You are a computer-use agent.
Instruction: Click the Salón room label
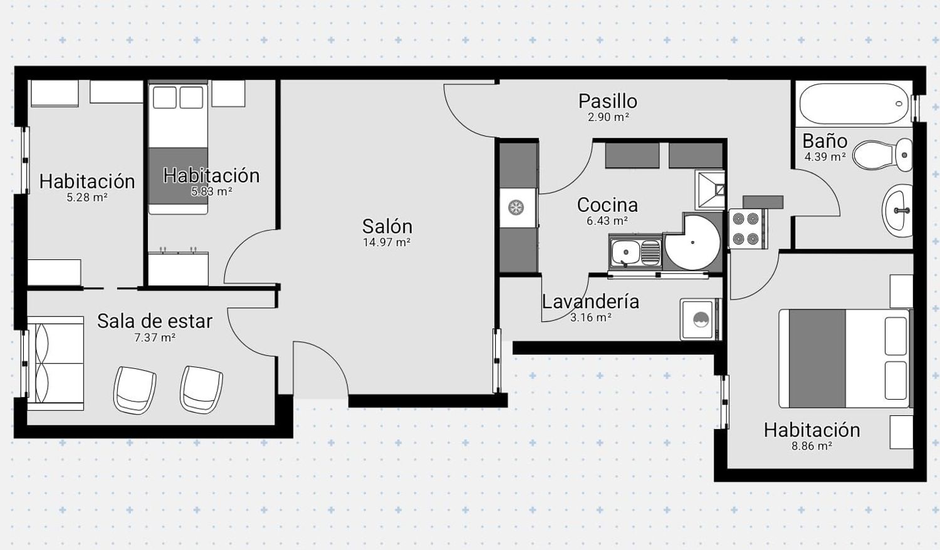point(387,227)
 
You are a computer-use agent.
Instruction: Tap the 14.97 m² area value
point(387,242)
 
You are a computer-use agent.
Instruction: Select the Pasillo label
point(608,101)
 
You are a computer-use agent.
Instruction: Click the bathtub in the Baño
point(854,103)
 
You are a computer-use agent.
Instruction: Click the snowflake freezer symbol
point(516,208)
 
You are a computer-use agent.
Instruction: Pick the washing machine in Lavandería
point(699,319)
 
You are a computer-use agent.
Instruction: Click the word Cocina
point(607,205)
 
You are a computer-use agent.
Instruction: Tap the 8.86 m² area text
point(812,446)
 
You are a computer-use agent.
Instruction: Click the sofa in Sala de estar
point(55,363)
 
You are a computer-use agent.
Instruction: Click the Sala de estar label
point(155,321)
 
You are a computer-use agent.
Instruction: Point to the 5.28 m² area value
point(87,197)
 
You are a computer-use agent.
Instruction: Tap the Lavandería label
point(590,302)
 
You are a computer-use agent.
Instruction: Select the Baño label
point(825,141)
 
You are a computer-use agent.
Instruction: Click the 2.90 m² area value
point(608,117)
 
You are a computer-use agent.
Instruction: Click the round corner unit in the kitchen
point(692,242)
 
